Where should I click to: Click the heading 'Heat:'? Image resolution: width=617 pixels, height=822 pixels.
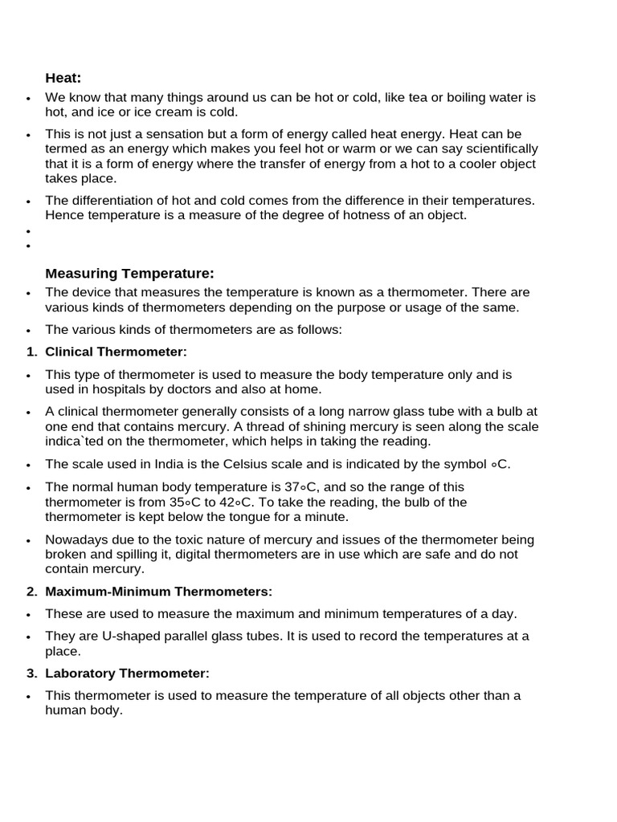tap(63, 78)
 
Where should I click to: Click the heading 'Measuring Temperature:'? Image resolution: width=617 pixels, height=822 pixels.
tap(130, 274)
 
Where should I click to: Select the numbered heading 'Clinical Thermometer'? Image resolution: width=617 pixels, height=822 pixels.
tap(116, 352)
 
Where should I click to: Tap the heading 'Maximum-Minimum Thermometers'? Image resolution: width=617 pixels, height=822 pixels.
tap(158, 592)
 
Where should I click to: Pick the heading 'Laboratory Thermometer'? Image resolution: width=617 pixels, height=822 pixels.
tap(127, 673)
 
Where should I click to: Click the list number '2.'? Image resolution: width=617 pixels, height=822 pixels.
tap(32, 592)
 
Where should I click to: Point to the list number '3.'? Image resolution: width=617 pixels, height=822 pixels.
tap(32, 673)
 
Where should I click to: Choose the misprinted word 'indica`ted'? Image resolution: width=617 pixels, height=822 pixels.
tap(73, 442)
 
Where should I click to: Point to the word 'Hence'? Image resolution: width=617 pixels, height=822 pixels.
tap(63, 216)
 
